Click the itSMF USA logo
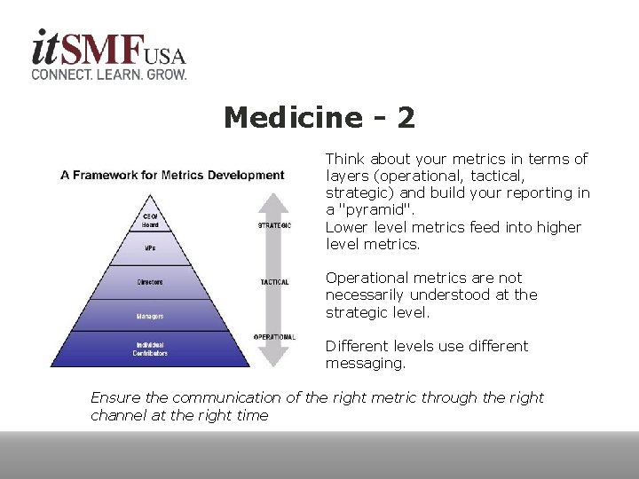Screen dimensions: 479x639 click(108, 49)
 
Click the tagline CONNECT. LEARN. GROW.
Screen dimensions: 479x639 click(109, 75)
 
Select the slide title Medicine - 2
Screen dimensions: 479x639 click(319, 117)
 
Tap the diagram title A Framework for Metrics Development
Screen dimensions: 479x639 click(172, 175)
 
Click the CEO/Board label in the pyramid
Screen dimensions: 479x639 click(150, 220)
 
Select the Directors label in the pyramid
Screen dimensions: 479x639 click(150, 283)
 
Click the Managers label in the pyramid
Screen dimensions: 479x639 click(150, 316)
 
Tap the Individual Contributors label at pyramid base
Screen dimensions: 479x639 click(150, 349)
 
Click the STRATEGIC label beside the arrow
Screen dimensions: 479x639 click(274, 225)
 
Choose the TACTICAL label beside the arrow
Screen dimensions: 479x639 click(274, 282)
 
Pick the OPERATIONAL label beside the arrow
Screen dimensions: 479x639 click(274, 337)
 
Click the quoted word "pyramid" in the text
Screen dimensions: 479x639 click(376, 210)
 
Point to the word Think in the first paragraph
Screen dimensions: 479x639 click(346, 159)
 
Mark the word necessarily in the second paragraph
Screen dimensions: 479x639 click(367, 294)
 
